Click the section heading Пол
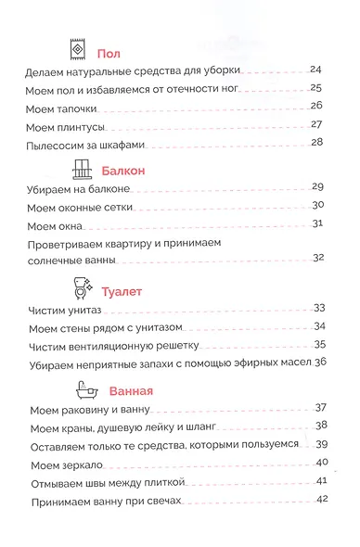[108, 54]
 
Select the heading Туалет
[122, 290]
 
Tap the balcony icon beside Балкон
[81, 169]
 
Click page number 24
[316, 70]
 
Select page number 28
[316, 142]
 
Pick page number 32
[316, 258]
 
